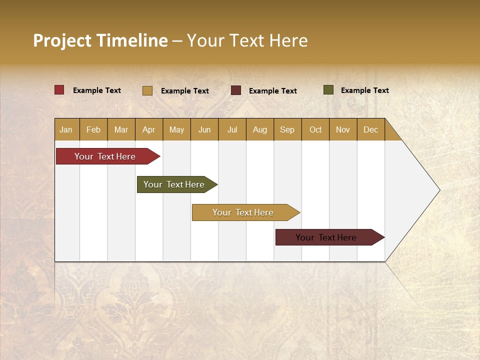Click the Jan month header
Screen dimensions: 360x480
point(66,129)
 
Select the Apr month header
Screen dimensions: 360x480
point(148,129)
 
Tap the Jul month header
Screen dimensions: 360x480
point(232,129)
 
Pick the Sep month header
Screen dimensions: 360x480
point(287,129)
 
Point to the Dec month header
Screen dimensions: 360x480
point(370,129)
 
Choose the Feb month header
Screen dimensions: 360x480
point(93,129)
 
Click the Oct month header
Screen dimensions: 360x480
point(315,129)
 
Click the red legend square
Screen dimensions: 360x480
point(59,90)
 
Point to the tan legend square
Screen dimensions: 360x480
point(147,90)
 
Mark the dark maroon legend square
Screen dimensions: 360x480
point(236,90)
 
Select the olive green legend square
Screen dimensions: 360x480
point(328,90)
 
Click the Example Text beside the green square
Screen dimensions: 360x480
point(364,90)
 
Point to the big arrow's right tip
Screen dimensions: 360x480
point(438,190)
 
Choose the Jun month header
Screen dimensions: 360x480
point(204,129)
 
